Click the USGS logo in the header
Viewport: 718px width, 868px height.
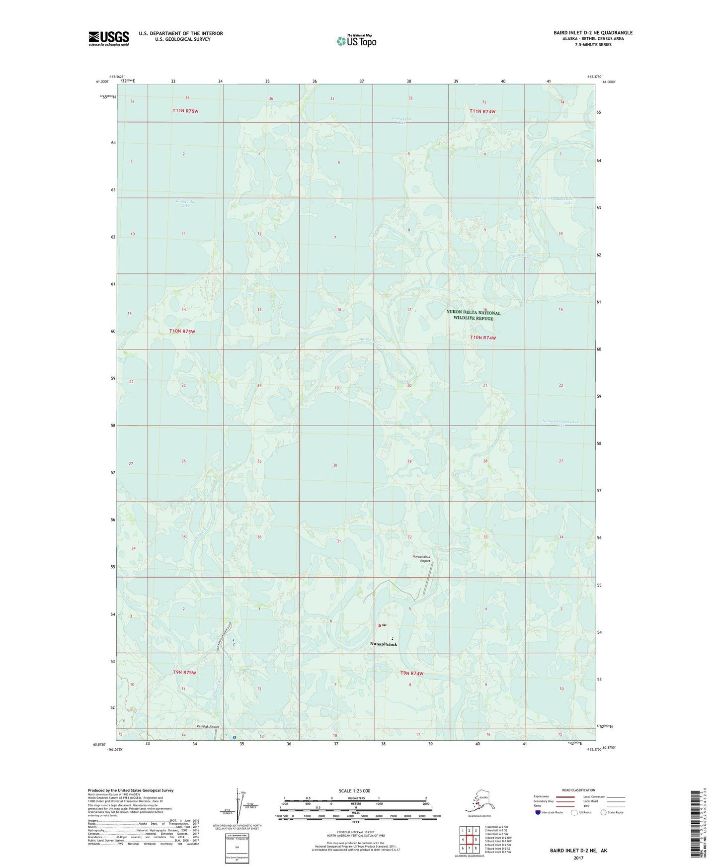(x=109, y=38)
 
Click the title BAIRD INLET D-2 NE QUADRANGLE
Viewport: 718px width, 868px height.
(x=593, y=33)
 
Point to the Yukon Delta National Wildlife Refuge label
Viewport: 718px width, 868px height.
(x=473, y=315)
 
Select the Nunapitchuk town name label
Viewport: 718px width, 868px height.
(x=384, y=644)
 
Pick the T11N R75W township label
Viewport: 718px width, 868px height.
(x=182, y=111)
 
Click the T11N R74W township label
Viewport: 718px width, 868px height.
(x=482, y=111)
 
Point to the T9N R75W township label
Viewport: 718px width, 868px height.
(x=184, y=672)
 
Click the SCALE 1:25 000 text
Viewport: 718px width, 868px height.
(x=354, y=790)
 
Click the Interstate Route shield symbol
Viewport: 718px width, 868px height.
(x=538, y=812)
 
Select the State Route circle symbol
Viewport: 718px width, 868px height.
(x=603, y=812)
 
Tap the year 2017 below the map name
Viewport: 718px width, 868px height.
(x=578, y=858)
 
